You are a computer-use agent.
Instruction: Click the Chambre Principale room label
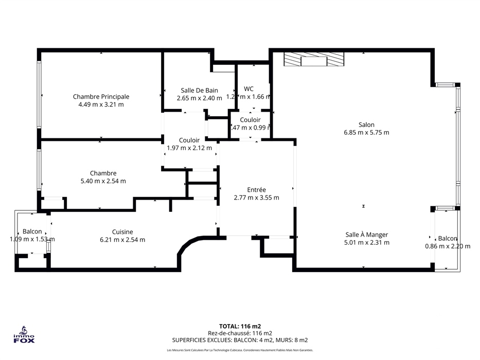coord(101,96)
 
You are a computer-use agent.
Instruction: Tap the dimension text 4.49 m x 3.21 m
coord(101,104)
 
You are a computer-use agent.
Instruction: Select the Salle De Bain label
coord(199,90)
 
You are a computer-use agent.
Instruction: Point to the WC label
coord(248,88)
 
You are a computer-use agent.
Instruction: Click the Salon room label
coord(366,124)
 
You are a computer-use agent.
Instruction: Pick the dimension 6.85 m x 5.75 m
coord(366,132)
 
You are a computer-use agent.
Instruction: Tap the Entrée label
coord(256,190)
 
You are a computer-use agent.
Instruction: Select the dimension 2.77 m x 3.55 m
coord(256,197)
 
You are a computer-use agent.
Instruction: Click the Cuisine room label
coord(122,232)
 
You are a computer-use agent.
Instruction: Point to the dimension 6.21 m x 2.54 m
coord(122,240)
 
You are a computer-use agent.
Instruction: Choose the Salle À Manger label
coord(366,235)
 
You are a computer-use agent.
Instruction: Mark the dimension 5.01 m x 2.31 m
coord(366,243)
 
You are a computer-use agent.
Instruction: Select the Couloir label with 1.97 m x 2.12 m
coord(189,140)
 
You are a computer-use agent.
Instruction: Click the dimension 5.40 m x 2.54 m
coord(103,181)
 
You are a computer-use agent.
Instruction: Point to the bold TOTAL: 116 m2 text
coord(240,326)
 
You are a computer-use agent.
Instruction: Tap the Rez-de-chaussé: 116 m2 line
coord(240,333)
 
